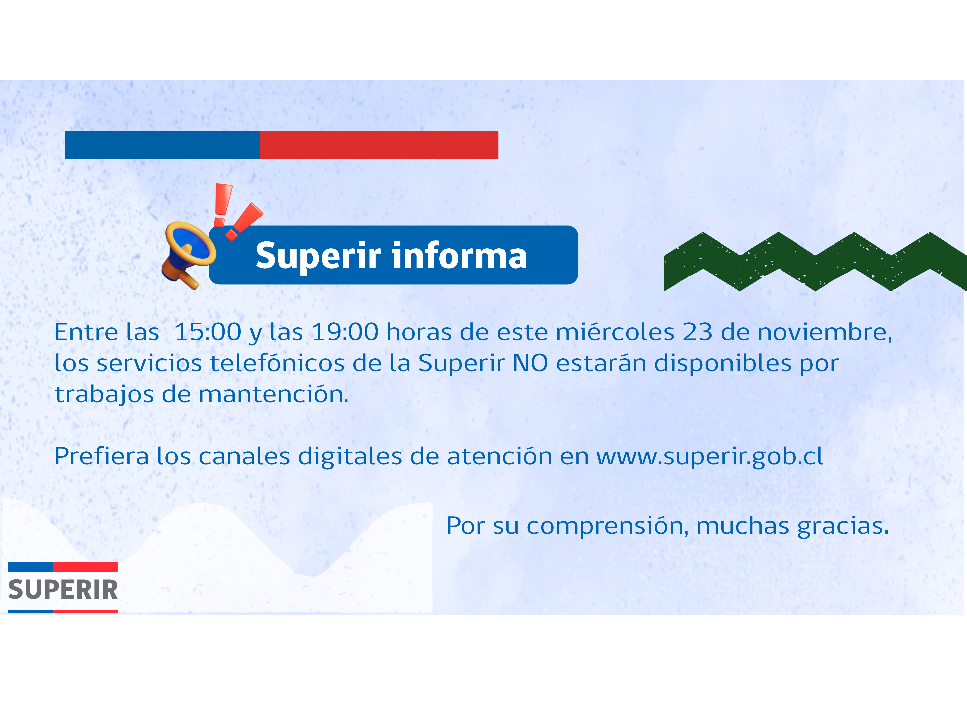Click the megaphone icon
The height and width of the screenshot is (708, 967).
tap(189, 255)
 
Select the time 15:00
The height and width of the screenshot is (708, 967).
tap(208, 332)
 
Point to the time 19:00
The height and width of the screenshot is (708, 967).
tap(345, 332)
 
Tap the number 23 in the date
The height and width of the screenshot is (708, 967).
tap(698, 332)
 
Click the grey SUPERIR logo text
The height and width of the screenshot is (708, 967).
tap(63, 590)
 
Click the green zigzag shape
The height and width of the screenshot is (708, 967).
tap(815, 261)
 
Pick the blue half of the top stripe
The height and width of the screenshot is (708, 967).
tap(162, 145)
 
